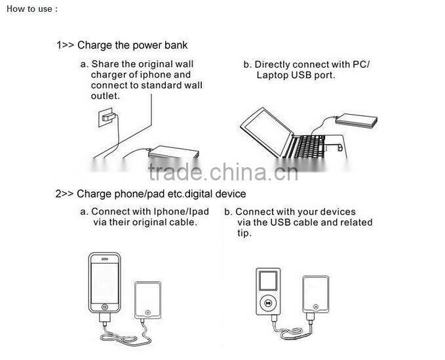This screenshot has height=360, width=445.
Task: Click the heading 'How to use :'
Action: [x=31, y=9]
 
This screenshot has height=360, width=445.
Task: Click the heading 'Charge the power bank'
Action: [x=132, y=45]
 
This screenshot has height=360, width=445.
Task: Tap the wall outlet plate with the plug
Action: [x=106, y=117]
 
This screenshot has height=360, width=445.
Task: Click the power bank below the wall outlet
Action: [x=174, y=152]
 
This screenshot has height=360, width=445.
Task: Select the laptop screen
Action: [x=267, y=131]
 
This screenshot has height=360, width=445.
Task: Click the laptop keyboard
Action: [x=309, y=146]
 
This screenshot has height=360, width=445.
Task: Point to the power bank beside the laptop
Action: [x=356, y=121]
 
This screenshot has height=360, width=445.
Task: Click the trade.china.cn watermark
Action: [x=223, y=172]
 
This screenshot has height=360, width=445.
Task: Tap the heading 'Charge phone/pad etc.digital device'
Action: [x=161, y=194]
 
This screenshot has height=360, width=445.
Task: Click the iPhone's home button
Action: [x=104, y=307]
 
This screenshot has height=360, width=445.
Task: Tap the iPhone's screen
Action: [x=104, y=283]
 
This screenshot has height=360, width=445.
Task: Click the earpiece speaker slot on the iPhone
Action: [x=105, y=259]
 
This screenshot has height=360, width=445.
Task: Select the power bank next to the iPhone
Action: [x=147, y=300]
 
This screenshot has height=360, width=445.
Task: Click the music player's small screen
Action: [x=268, y=281]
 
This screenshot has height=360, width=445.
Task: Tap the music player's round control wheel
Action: [x=268, y=303]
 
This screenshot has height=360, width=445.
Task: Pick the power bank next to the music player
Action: [x=316, y=294]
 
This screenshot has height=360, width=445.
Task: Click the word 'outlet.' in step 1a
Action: [x=106, y=96]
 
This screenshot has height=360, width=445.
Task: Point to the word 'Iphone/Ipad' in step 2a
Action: [x=181, y=212]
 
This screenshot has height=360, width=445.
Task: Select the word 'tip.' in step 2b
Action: [x=244, y=233]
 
